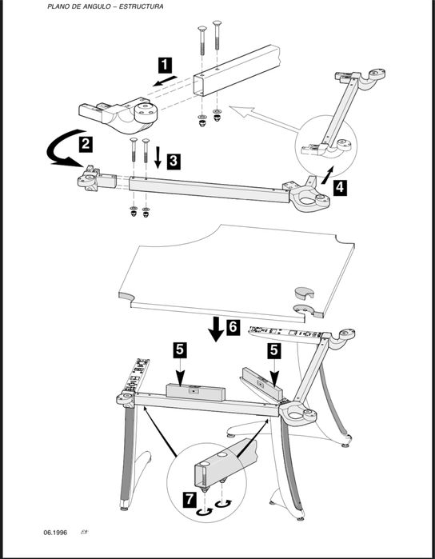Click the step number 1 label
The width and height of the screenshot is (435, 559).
165,66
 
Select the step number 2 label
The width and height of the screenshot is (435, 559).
86,145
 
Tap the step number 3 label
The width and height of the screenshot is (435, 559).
173,161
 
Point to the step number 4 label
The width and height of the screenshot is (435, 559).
340,188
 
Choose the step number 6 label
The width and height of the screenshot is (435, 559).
233,327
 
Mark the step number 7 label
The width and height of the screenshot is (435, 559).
190,500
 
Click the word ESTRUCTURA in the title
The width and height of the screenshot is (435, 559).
142,6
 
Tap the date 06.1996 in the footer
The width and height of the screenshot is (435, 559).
55,533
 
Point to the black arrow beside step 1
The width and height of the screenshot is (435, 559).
165,81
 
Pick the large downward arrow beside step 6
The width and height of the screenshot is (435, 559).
216,329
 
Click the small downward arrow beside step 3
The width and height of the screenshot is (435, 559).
158,158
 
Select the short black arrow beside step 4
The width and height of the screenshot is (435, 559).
328,175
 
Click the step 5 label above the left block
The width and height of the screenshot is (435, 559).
180,350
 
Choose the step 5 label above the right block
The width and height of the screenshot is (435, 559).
273,351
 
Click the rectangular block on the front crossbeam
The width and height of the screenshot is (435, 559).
196,392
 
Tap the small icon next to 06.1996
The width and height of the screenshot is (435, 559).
85,533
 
